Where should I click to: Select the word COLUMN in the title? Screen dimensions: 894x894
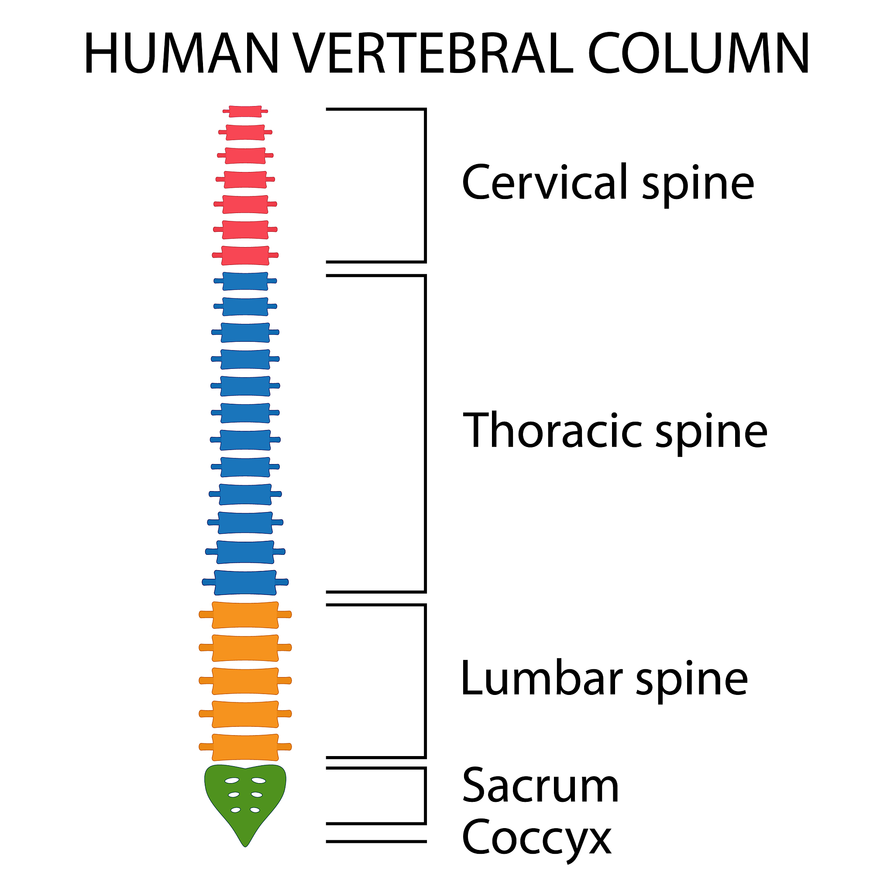698,53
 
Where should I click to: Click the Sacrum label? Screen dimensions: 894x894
540,786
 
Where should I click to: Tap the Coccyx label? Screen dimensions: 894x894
536,838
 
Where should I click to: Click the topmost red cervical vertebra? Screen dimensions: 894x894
245,111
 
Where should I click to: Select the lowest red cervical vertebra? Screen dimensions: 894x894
245,255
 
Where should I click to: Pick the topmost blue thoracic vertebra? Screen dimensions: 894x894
245,281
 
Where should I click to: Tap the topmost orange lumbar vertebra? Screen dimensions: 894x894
245,615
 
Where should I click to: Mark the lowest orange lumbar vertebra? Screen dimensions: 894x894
245,747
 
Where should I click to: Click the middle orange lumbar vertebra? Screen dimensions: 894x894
245,681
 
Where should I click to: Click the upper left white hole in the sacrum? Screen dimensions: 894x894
232,781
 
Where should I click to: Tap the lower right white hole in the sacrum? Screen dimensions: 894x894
255,810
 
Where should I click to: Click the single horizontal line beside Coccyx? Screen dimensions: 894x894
376,842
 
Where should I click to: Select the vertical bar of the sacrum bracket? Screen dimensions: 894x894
425,795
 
